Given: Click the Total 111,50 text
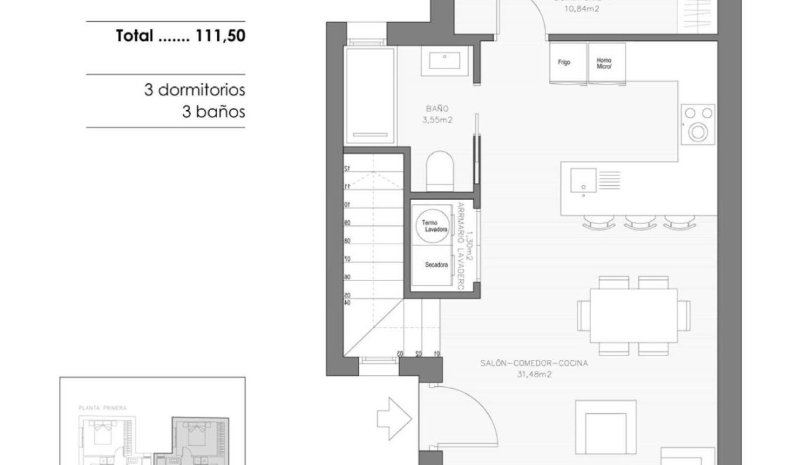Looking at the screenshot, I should (x=181, y=37).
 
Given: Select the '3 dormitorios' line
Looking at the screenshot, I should (x=194, y=90).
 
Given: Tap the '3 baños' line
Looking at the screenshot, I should (x=213, y=112).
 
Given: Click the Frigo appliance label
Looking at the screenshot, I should (x=564, y=63).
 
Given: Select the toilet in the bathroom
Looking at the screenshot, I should (x=439, y=170).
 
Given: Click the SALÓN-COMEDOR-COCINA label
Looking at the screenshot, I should (x=534, y=363).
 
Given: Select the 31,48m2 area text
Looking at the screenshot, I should (x=534, y=374).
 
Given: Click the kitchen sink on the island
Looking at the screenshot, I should (x=584, y=179).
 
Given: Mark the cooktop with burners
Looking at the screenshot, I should (x=697, y=123).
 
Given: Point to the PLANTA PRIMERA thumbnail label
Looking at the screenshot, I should (x=102, y=407).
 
